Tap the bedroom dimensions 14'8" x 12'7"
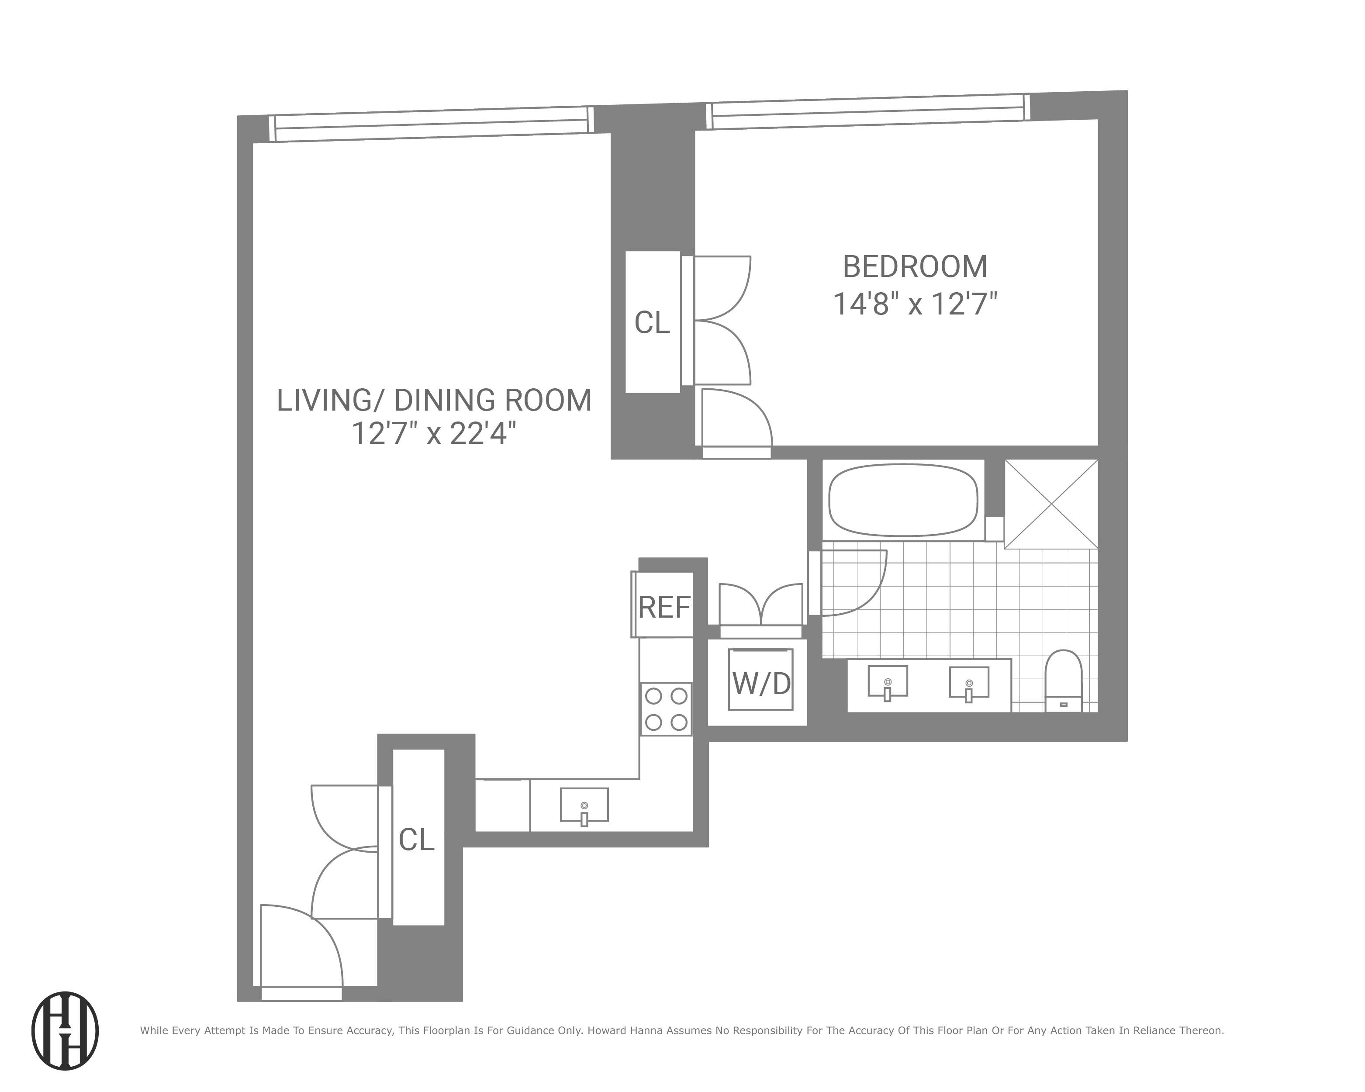(915, 304)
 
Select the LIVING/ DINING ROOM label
(434, 401)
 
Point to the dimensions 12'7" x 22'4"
(434, 434)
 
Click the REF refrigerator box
(663, 606)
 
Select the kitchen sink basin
(584, 805)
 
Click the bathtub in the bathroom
(903, 500)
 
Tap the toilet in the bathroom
(1063, 681)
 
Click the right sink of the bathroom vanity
(969, 682)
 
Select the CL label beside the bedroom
(652, 323)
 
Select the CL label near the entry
(417, 840)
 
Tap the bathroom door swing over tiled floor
(852, 582)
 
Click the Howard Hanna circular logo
(65, 1030)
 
